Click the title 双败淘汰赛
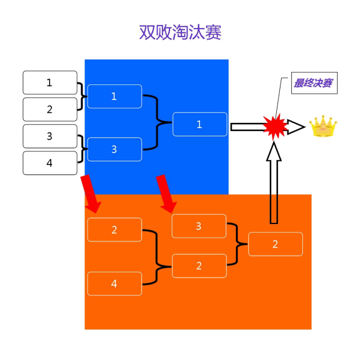click(x=180, y=32)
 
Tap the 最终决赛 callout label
click(x=314, y=83)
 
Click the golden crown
click(x=323, y=126)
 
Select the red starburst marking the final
click(x=275, y=127)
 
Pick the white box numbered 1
click(x=50, y=83)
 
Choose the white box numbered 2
click(x=50, y=109)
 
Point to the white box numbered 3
click(x=50, y=136)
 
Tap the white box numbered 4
click(x=50, y=163)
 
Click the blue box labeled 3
click(x=115, y=149)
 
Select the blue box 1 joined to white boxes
click(x=115, y=96)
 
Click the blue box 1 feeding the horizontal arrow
click(x=200, y=124)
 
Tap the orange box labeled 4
click(x=115, y=284)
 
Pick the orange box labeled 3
click(x=199, y=226)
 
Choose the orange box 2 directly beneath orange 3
click(x=199, y=266)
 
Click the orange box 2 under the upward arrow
click(x=276, y=244)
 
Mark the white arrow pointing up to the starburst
click(x=274, y=182)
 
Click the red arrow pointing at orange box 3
click(x=166, y=194)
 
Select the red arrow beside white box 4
click(x=90, y=194)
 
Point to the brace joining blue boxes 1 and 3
click(x=157, y=122)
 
